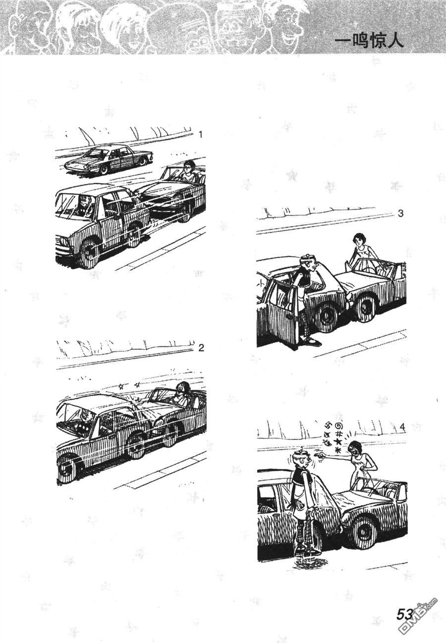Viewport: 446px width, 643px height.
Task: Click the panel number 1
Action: (201, 134)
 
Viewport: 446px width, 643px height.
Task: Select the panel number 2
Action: (201, 348)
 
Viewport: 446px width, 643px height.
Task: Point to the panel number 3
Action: (400, 214)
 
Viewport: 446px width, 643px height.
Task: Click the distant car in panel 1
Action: (107, 160)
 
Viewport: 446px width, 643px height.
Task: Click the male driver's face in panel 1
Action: (85, 203)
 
